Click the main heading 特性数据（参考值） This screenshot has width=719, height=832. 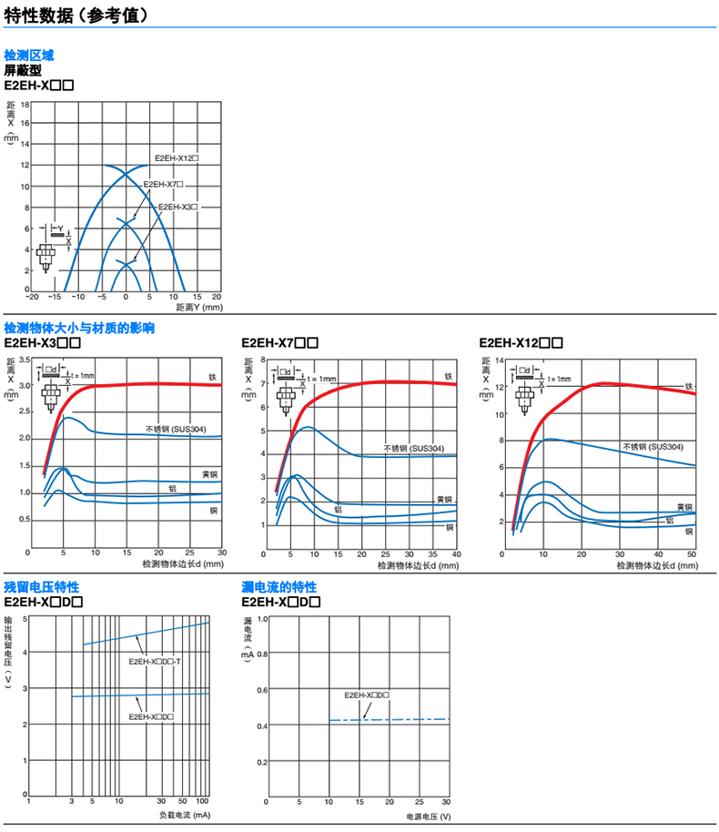[78, 15]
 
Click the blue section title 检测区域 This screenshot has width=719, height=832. [29, 56]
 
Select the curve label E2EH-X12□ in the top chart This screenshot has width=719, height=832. [177, 157]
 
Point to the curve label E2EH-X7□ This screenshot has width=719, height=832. [164, 183]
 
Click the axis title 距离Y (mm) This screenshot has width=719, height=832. [198, 308]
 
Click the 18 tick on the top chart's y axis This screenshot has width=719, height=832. [25, 104]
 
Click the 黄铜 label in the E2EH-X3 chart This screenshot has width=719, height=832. [210, 474]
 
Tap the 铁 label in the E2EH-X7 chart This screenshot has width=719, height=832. [448, 376]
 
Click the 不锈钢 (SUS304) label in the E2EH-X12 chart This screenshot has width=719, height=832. [653, 447]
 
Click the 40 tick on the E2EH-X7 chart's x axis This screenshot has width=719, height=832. [456, 553]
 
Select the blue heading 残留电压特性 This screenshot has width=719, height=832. [42, 586]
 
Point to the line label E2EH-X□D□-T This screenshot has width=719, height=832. [156, 661]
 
